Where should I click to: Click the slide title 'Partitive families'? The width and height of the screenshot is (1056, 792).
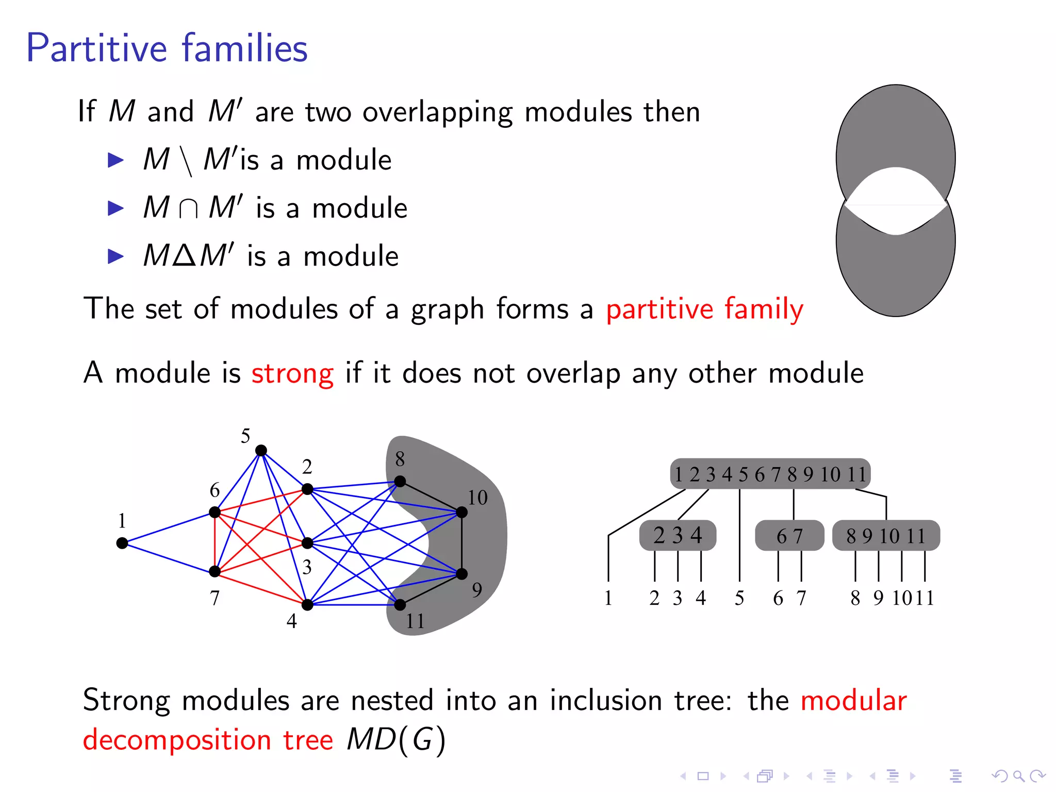(x=167, y=48)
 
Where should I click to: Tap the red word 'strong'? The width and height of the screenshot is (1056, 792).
(x=292, y=373)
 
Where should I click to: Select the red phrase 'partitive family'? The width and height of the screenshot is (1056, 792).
(x=704, y=309)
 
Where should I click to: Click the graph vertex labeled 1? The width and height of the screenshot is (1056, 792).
(x=122, y=543)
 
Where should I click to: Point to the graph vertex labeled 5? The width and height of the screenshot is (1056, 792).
(x=261, y=451)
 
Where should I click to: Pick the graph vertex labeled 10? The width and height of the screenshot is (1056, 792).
(x=462, y=512)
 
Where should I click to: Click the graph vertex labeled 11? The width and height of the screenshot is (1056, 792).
(x=400, y=605)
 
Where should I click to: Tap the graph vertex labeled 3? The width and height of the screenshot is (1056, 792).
(x=307, y=543)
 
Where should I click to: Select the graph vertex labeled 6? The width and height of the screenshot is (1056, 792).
(x=215, y=512)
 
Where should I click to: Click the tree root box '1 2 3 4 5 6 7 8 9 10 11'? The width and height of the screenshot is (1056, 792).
(x=770, y=474)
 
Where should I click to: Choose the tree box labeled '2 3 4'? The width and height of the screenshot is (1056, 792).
(x=678, y=536)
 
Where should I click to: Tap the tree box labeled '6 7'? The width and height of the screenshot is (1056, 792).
(x=789, y=536)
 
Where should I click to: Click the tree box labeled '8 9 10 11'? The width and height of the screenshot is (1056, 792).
(x=886, y=536)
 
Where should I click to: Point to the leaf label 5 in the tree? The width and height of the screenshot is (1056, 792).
(x=739, y=598)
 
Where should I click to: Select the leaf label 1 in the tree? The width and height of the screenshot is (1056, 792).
(x=608, y=598)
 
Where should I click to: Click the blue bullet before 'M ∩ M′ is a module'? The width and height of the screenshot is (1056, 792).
(x=115, y=208)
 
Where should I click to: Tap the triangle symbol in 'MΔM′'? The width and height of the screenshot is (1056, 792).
(x=184, y=256)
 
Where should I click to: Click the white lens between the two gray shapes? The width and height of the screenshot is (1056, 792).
(x=896, y=201)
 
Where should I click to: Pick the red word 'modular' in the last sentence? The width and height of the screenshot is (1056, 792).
(x=853, y=701)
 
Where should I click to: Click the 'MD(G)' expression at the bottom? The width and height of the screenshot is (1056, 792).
(x=395, y=740)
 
